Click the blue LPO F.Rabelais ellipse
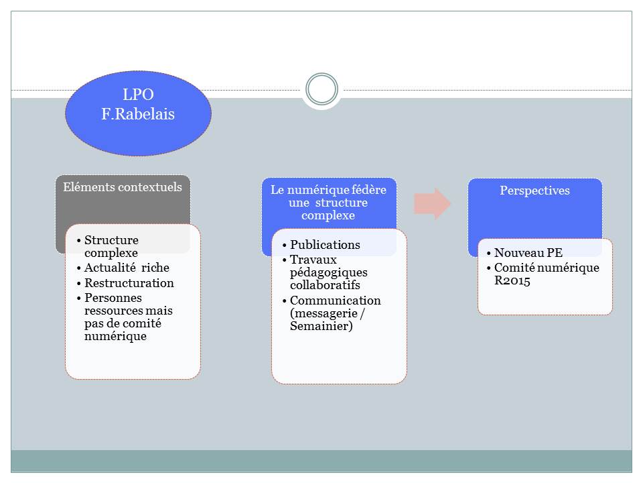(x=138, y=113)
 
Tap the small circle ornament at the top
(x=321, y=89)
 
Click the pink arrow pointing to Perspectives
(x=432, y=203)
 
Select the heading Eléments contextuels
(x=123, y=187)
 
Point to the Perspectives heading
(x=534, y=191)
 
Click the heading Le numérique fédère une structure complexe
(x=328, y=203)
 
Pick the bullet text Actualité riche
(x=127, y=268)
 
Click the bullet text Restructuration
(x=129, y=283)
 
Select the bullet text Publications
(x=325, y=245)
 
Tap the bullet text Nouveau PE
(x=528, y=253)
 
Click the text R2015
(x=512, y=281)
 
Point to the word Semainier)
(x=321, y=327)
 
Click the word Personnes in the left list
(x=113, y=297)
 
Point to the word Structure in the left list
(x=111, y=240)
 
